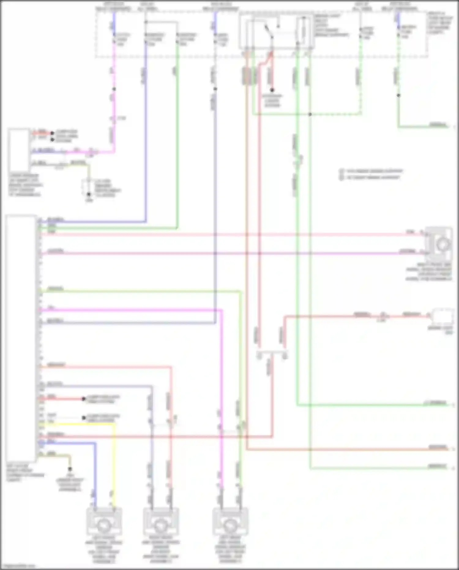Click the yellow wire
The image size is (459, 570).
[x=114, y=459]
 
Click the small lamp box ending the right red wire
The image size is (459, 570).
[x=442, y=316]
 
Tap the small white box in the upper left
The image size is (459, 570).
[x=19, y=150]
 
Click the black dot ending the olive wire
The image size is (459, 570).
[x=70, y=469]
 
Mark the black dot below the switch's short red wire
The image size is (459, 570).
[x=272, y=90]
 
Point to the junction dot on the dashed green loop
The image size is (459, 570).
[x=310, y=114]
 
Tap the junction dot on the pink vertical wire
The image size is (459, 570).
[x=114, y=89]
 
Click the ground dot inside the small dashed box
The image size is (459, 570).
[x=89, y=194]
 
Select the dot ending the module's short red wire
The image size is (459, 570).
[x=83, y=399]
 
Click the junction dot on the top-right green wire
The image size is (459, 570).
[x=398, y=95]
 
